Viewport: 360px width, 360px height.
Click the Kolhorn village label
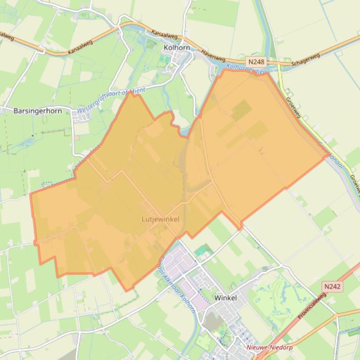pos(177,47)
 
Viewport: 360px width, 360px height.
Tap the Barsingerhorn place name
pos(38,111)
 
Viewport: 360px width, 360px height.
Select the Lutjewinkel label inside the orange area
pos(160,219)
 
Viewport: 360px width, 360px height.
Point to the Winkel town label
pos(225,297)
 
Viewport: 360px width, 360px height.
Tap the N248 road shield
pos(256,62)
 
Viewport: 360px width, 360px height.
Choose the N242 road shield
pos(332,286)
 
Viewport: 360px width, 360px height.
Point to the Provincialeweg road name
pos(312,306)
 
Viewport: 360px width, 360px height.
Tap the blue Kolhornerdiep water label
pos(245,69)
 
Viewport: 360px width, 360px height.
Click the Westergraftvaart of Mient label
pos(111,100)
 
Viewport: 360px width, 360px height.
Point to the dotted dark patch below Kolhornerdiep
pos(241,110)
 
